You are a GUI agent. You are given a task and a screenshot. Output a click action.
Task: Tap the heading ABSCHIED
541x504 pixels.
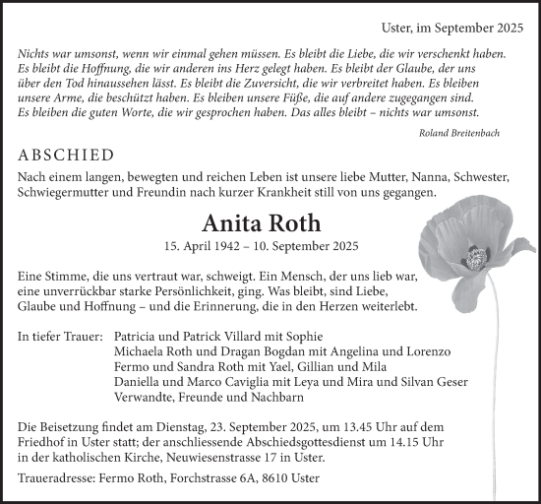66,156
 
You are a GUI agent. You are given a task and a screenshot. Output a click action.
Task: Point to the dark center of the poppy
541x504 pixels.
476,258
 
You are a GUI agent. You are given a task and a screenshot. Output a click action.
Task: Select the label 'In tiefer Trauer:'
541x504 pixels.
61,337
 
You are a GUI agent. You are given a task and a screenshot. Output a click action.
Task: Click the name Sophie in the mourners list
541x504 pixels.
337,337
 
